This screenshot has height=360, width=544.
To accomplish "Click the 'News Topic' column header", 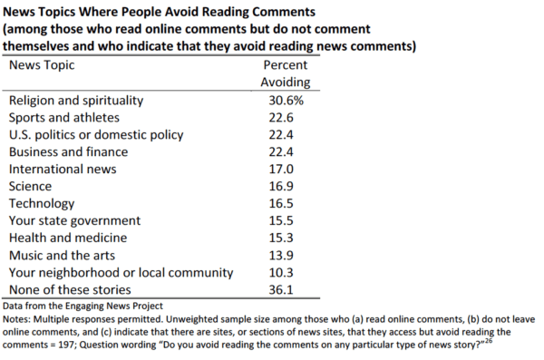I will click(42, 66).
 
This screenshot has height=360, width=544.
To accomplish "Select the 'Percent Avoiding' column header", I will click(285, 74).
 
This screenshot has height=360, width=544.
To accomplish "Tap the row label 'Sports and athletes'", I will click(65, 117).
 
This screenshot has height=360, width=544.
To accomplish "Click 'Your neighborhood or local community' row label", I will click(121, 272).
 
